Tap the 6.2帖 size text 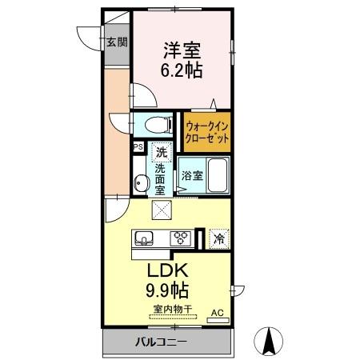click(182, 70)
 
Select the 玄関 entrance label click(116, 42)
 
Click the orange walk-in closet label click(207, 132)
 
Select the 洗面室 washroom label click(160, 180)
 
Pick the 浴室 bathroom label click(190, 176)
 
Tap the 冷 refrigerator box click(219, 238)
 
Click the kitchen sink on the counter click(146, 238)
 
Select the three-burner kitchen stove click(182, 238)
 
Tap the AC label click(216, 313)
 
